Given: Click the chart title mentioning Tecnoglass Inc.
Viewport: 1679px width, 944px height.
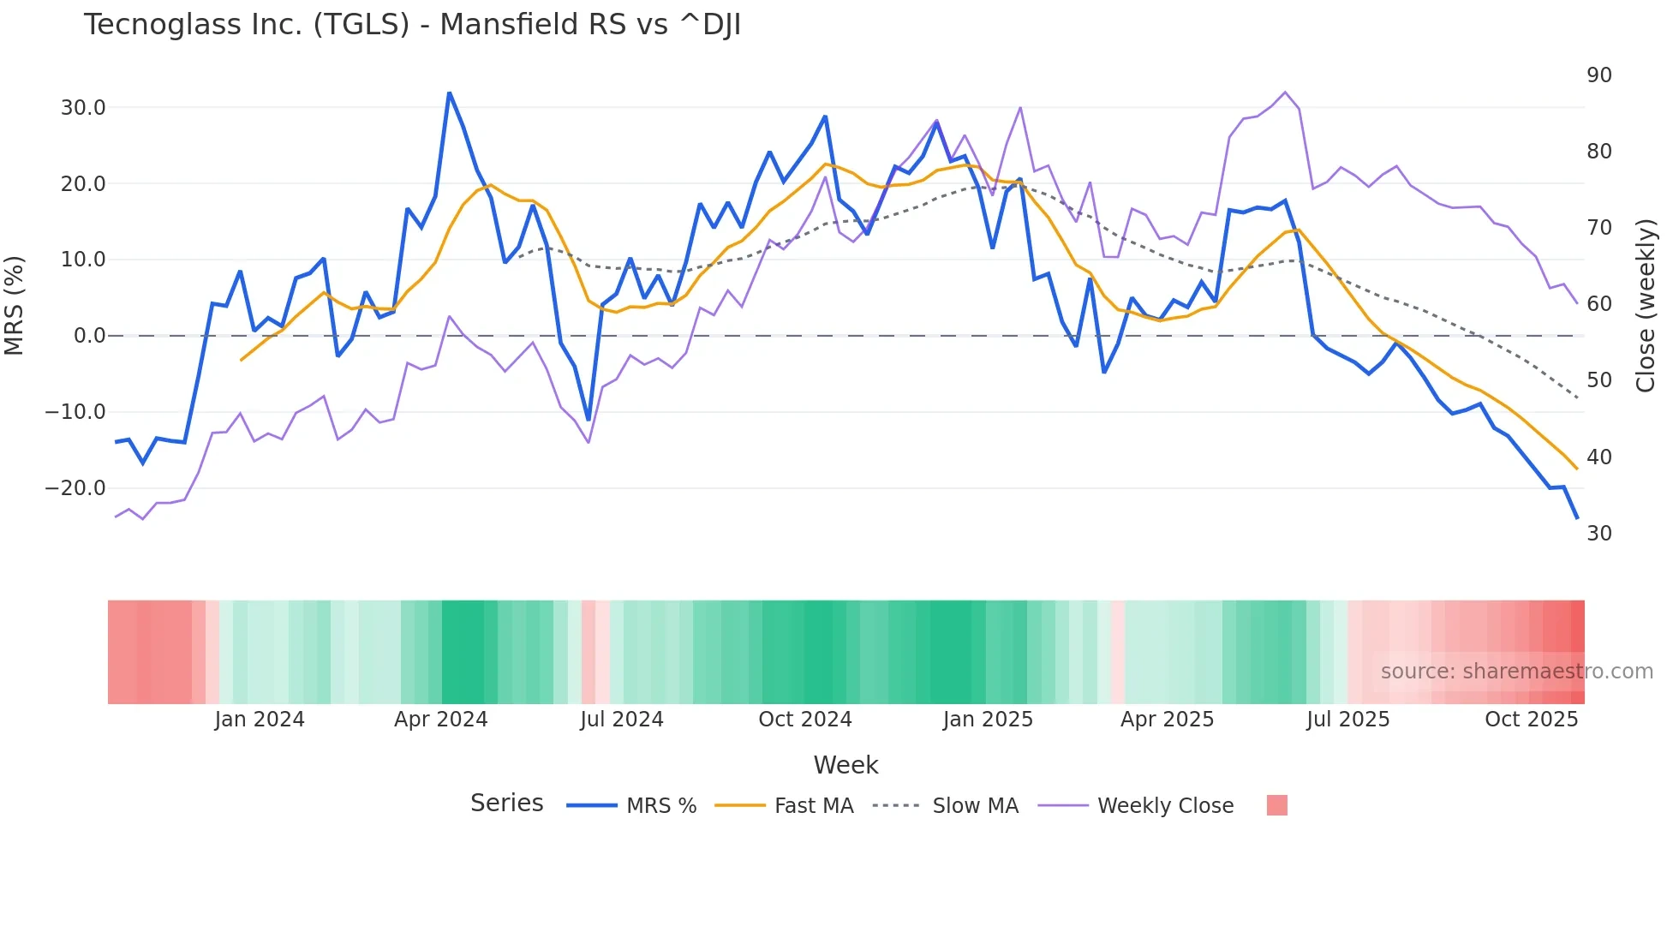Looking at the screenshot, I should [x=412, y=25].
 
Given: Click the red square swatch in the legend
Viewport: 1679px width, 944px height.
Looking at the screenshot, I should [x=1276, y=805].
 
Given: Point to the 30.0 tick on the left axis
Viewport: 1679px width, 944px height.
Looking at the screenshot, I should [x=83, y=108].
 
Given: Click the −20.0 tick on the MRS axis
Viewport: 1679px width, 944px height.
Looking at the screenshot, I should [x=75, y=488].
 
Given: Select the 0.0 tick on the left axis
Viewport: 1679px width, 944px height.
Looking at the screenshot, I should [x=89, y=336].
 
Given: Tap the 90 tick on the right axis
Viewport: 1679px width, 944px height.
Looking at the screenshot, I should [x=1598, y=75].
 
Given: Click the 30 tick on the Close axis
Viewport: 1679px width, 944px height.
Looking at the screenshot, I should [x=1598, y=534].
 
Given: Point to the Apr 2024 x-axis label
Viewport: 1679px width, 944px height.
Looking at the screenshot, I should [x=440, y=720].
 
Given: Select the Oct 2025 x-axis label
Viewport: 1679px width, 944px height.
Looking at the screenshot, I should [x=1531, y=720].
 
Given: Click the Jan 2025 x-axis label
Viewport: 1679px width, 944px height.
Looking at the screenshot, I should [x=988, y=720].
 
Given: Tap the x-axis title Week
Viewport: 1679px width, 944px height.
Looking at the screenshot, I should [x=845, y=765].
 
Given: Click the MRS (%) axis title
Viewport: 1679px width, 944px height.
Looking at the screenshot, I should [x=15, y=305].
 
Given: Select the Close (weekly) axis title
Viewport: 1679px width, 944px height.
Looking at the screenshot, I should [x=1646, y=305].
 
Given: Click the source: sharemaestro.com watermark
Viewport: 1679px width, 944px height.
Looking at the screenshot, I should [x=1516, y=672].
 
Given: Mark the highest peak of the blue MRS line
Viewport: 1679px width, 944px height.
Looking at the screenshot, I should [x=449, y=93].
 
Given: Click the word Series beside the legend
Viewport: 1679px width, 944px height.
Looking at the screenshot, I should [x=506, y=804].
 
